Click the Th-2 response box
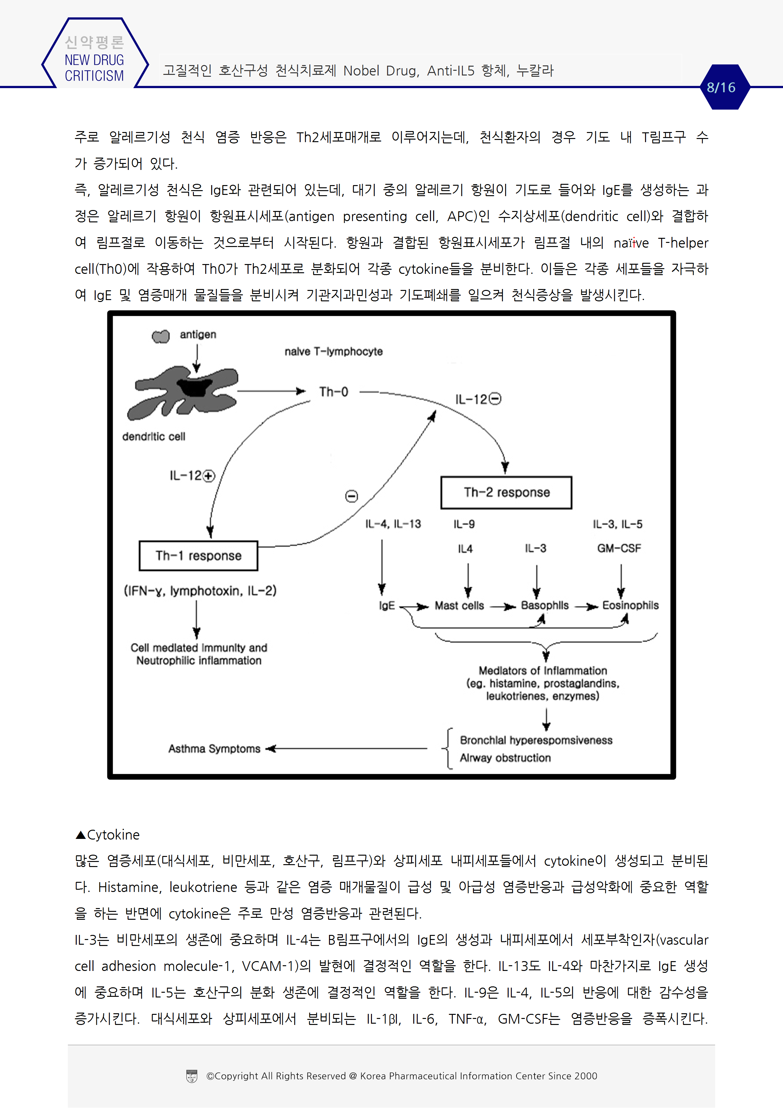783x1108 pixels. click(506, 492)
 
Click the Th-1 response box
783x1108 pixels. click(198, 556)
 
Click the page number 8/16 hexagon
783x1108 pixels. click(721, 87)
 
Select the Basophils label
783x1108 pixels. click(545, 605)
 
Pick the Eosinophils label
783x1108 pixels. click(630, 605)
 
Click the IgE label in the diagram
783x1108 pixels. click(386, 605)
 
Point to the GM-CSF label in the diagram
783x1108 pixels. click(619, 548)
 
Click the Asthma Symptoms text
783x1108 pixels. click(214, 749)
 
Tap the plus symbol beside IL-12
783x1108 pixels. click(208, 476)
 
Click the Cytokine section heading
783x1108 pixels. click(108, 835)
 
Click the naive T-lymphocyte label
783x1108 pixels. click(333, 351)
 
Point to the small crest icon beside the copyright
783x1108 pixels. click(192, 1076)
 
